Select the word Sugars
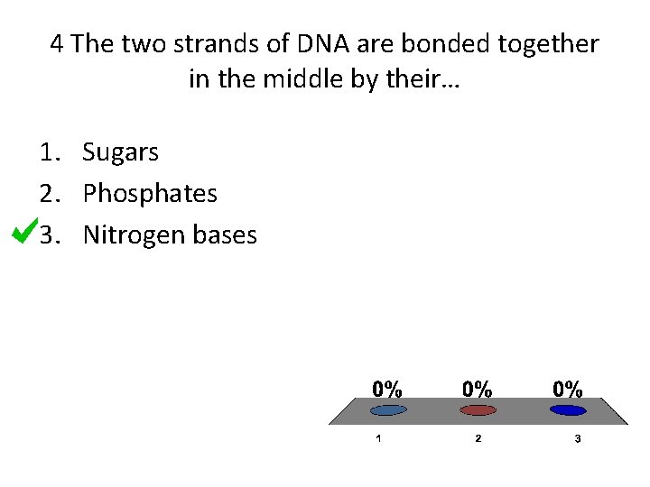120,152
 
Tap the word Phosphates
150,194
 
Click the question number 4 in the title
57,43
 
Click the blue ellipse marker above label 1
388,410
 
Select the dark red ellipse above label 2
478,410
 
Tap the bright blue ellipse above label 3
567,410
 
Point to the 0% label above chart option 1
388,389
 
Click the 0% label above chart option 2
478,389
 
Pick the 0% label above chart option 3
567,389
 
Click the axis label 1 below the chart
378,438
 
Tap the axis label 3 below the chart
577,438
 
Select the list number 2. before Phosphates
50,194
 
